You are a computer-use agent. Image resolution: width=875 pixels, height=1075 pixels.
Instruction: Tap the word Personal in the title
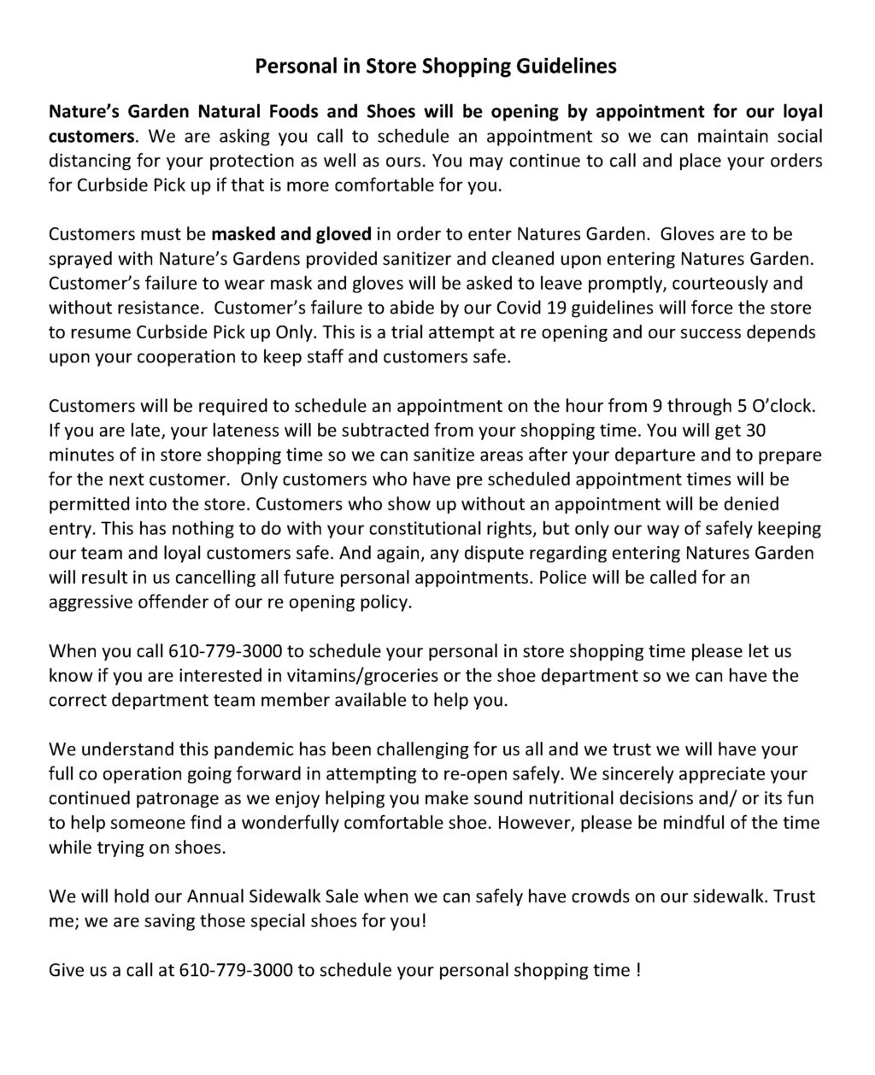[x=291, y=67]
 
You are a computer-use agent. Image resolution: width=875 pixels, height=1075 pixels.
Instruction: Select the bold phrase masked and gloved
[x=291, y=234]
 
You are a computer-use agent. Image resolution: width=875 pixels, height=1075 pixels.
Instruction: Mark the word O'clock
[x=782, y=406]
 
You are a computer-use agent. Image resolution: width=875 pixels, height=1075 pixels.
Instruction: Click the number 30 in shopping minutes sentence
[x=763, y=430]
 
